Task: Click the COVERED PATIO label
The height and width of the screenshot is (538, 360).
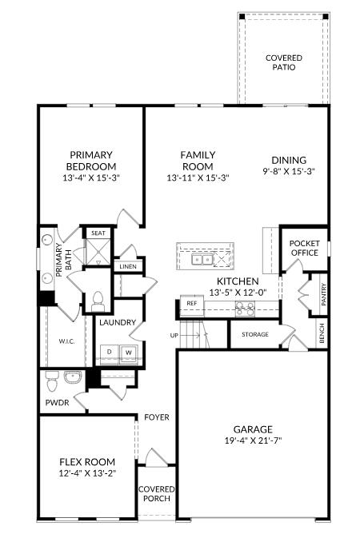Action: tap(284, 62)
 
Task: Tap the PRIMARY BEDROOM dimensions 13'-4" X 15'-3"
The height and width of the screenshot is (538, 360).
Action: tap(91, 178)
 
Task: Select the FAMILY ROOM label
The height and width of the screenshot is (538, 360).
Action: tap(198, 161)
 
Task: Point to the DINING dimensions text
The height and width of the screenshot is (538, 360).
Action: tap(289, 171)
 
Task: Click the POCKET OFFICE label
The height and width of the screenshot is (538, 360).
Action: tap(304, 248)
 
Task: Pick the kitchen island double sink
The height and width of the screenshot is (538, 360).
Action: tap(202, 260)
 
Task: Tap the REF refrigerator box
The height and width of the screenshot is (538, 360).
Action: tap(192, 305)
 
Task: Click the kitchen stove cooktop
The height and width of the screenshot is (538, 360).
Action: tap(246, 309)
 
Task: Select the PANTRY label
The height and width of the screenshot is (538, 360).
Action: tap(323, 294)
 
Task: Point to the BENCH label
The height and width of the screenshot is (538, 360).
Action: tap(322, 333)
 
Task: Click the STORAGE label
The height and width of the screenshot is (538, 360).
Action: tap(255, 334)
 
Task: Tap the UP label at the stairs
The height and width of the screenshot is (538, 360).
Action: tap(174, 335)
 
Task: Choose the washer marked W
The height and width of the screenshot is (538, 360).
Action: tap(129, 353)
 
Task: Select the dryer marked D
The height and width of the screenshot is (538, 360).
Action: tap(110, 353)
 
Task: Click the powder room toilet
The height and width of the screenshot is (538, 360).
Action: tap(52, 381)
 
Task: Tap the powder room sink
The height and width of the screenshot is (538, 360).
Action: tap(73, 377)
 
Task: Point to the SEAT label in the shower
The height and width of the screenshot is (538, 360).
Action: tap(98, 233)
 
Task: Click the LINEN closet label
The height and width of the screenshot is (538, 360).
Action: tap(128, 266)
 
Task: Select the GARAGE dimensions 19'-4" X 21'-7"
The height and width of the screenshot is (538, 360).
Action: tap(253, 440)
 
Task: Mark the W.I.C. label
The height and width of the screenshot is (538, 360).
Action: tap(66, 341)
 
